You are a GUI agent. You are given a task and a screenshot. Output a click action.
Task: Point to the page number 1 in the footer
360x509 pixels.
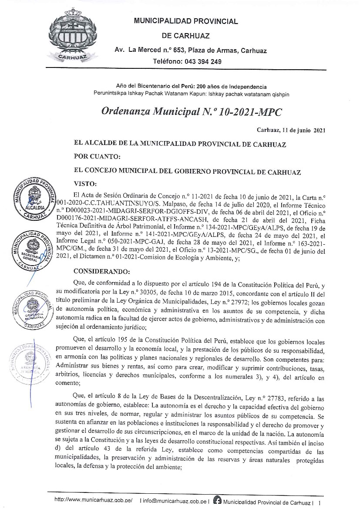[x=320, y=502]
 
